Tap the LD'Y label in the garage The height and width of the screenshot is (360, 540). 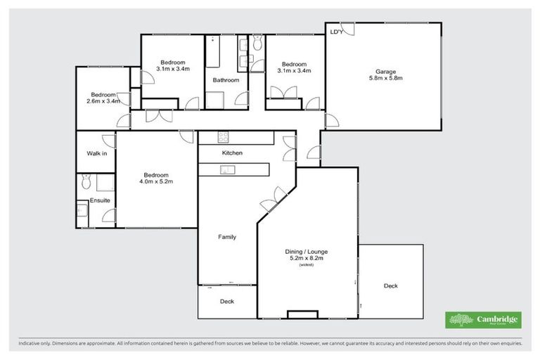click(x=336, y=32)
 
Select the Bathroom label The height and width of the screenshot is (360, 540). click(x=226, y=80)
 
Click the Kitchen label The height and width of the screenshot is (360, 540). click(x=232, y=153)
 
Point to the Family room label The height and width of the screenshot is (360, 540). click(x=226, y=237)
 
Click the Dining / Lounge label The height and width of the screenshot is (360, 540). click(x=306, y=251)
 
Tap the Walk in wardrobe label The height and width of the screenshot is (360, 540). click(x=96, y=153)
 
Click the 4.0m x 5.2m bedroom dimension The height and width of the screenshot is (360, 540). click(x=156, y=181)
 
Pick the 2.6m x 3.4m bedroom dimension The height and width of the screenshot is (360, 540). click(x=103, y=101)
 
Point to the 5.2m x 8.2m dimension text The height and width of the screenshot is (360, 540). click(x=306, y=258)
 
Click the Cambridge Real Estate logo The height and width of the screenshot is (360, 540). click(x=483, y=320)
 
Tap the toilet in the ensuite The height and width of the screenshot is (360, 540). click(x=86, y=183)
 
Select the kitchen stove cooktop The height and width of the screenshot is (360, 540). click(x=224, y=137)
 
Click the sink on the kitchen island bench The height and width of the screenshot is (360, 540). click(x=227, y=169)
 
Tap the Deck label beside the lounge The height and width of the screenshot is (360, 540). click(x=390, y=285)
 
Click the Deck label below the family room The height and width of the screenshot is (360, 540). click(x=226, y=302)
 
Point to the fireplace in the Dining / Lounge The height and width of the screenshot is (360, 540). click(x=302, y=314)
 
